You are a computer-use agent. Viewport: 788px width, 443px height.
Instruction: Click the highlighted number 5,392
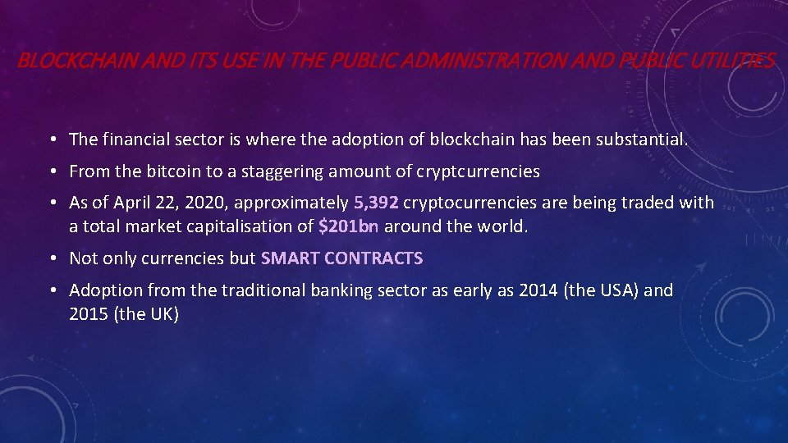376,203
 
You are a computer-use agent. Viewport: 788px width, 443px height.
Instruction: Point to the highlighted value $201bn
348,226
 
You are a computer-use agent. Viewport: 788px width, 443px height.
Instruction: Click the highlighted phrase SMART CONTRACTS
341,258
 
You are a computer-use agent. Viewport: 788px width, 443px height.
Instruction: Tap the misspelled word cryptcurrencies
479,171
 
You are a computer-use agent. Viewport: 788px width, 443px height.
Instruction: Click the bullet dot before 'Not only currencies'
52,258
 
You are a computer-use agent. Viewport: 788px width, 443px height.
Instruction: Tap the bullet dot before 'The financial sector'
52,139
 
